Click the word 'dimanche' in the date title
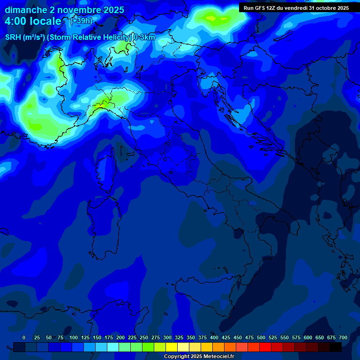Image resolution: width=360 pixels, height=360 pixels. pyautogui.click(x=26, y=10)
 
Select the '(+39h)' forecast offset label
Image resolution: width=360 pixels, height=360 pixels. pyautogui.click(x=80, y=21)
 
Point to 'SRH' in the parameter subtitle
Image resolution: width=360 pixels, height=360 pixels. pyautogui.click(x=15, y=37)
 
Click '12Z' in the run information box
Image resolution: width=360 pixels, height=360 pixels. pyautogui.click(x=271, y=8)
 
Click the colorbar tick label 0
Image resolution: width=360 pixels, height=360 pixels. pyautogui.click(x=24, y=337)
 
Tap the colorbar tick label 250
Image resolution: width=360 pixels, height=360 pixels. pyautogui.click(x=144, y=337)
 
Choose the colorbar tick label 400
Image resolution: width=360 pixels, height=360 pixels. pyautogui.click(x=214, y=337)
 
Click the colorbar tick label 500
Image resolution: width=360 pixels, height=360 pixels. pyautogui.click(x=261, y=337)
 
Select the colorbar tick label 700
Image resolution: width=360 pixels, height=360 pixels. pyautogui.click(x=343, y=337)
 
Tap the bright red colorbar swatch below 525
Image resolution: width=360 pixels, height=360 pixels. pyautogui.click(x=265, y=347)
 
